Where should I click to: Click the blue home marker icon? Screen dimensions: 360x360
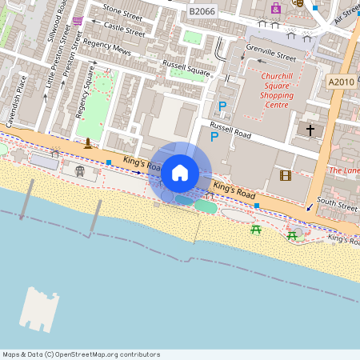point(180,172)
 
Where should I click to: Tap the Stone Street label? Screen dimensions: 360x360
point(122,10)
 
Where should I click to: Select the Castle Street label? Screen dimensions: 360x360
point(125,30)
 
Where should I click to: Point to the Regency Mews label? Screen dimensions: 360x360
point(106,49)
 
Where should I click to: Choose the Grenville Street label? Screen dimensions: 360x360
point(270,54)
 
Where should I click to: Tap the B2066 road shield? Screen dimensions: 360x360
point(202,10)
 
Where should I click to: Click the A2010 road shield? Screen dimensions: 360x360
point(341,81)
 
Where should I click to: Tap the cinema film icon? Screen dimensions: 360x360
point(286,175)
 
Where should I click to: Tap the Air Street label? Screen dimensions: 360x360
point(346,14)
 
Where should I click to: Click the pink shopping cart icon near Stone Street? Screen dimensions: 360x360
point(77,20)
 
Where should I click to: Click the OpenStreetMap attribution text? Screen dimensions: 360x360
point(81,354)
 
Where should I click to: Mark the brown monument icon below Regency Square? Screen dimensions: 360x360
point(87,144)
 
